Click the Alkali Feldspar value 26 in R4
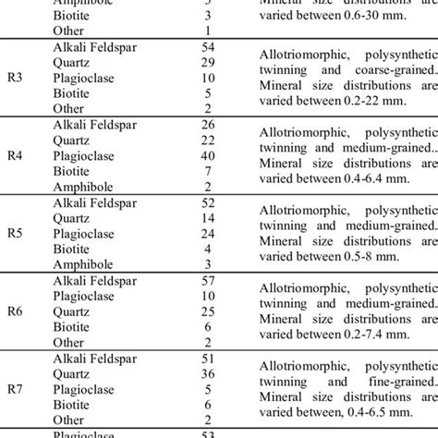click(208, 125)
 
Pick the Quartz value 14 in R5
click(208, 218)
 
